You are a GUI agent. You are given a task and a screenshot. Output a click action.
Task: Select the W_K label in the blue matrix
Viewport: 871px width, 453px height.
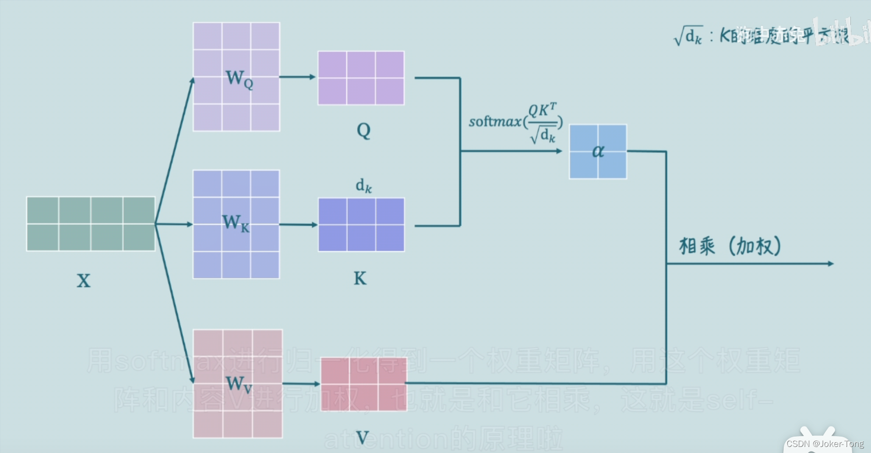coord(236,223)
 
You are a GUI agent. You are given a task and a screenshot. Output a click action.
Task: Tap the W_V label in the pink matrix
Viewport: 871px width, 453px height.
coord(239,384)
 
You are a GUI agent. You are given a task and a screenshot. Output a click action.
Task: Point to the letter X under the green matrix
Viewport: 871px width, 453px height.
coord(84,281)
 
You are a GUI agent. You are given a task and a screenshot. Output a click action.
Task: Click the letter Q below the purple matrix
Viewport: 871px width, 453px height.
coord(363,131)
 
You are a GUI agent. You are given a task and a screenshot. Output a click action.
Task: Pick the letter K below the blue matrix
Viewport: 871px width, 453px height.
coord(360,279)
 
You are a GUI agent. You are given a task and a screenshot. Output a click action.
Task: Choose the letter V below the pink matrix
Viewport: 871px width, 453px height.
coord(362,438)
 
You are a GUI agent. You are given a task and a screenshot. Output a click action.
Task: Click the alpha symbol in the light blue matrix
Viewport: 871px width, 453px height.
coord(598,151)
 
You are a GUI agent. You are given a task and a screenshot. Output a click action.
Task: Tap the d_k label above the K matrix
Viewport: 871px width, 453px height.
coord(364,186)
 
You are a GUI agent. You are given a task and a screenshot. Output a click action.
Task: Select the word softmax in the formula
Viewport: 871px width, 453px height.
coord(495,122)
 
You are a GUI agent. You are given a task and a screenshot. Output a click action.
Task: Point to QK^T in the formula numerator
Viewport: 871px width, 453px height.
coord(542,110)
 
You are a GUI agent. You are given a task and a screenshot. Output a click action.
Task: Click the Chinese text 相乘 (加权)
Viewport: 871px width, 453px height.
coord(730,246)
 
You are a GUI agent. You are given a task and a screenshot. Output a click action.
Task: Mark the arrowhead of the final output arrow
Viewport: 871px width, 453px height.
coord(831,264)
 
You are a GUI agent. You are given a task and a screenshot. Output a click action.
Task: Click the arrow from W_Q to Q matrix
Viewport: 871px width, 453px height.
coord(298,77)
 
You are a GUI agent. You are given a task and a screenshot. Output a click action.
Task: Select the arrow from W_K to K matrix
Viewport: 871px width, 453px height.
coord(298,225)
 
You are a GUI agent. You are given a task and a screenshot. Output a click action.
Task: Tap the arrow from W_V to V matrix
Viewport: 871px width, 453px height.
coord(301,384)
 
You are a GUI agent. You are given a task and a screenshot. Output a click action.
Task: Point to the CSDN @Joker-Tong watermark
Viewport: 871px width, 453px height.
coord(825,444)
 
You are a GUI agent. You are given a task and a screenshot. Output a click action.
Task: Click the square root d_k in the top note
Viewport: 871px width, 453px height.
coord(688,36)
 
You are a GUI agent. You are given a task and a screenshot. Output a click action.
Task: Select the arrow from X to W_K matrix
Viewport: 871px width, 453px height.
coord(174,224)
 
